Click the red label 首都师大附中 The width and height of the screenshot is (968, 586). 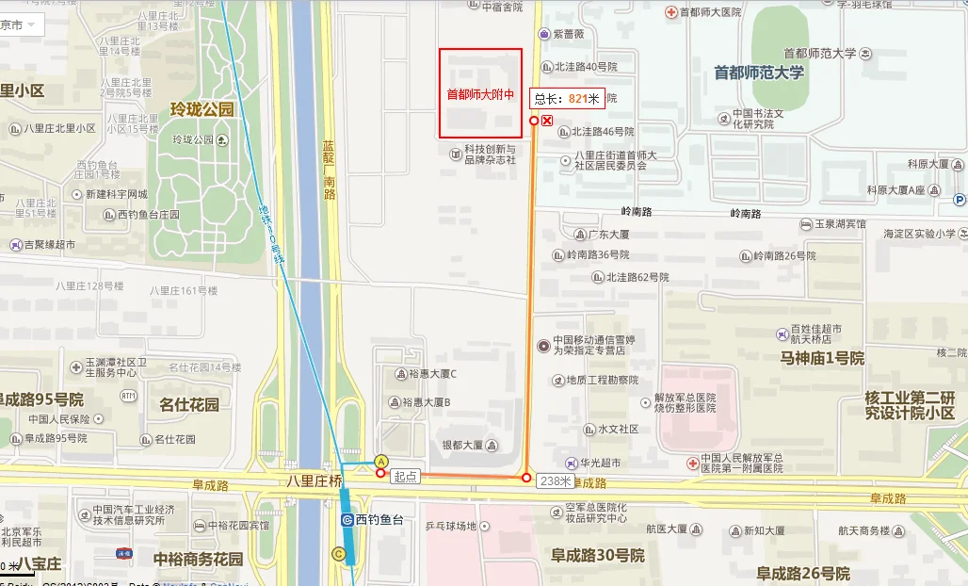[480, 94]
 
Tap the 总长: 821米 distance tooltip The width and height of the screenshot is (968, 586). [567, 98]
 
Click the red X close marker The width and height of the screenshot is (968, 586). [547, 120]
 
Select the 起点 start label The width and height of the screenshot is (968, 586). [404, 478]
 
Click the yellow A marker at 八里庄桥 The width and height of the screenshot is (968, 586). [380, 461]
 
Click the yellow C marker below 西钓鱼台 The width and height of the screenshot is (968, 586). [338, 554]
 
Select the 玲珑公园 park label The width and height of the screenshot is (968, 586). [202, 109]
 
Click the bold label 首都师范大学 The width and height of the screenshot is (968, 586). [759, 73]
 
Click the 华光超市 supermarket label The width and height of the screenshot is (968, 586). [600, 463]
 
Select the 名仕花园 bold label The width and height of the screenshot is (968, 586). [188, 405]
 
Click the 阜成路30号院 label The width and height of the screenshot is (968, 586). [598, 555]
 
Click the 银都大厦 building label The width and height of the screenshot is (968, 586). [461, 445]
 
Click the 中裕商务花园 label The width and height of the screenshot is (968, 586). [199, 559]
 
